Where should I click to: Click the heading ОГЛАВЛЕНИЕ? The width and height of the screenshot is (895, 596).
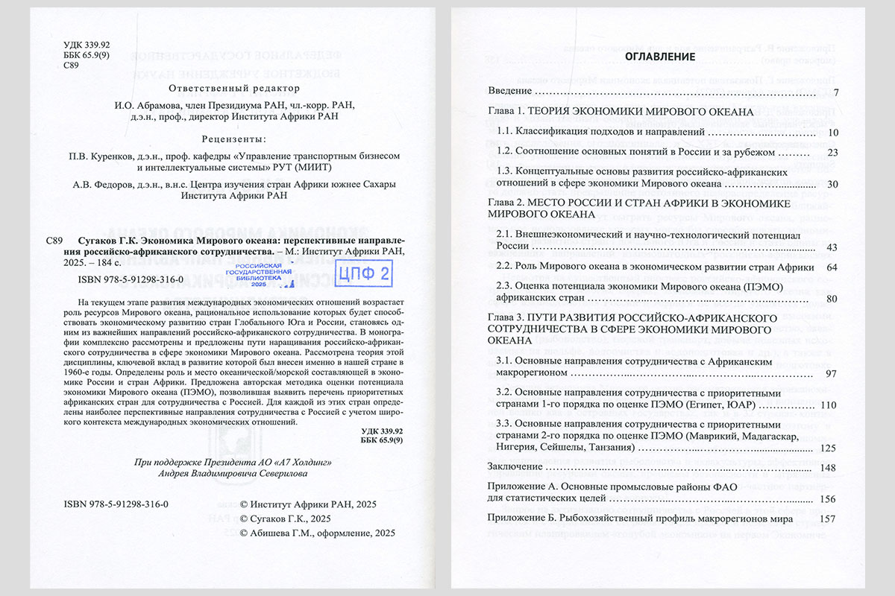660,57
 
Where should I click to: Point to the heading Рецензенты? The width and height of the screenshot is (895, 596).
226,139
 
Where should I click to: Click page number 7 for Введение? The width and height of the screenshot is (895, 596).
837,92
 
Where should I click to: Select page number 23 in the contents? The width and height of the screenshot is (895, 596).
834,152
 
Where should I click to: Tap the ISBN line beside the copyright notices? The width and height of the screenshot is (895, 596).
117,504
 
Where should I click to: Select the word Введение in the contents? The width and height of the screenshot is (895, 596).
510,92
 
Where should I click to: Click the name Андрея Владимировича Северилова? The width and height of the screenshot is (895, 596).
229,475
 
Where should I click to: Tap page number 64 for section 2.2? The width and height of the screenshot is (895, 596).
833,267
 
